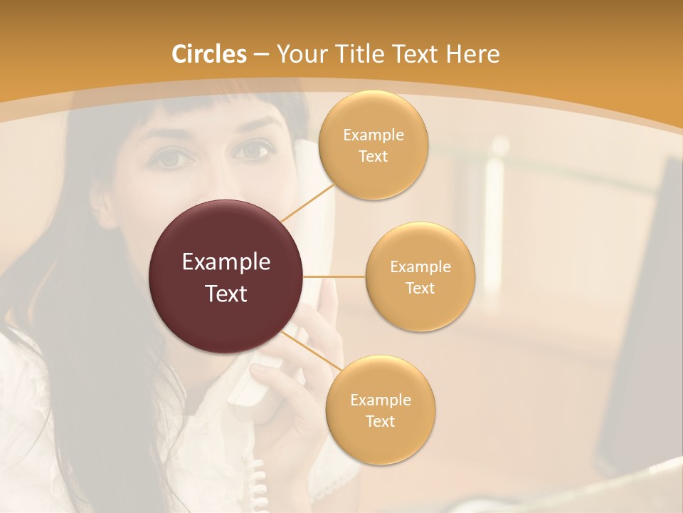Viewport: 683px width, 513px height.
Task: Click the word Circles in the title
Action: coord(209,54)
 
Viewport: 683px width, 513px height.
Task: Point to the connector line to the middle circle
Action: coord(334,276)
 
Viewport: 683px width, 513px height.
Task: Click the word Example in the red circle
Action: coord(226,262)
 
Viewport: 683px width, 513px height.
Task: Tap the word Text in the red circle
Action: coord(226,294)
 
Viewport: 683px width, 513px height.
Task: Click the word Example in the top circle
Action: coord(374,135)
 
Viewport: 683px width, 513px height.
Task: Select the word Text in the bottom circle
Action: coord(380,421)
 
